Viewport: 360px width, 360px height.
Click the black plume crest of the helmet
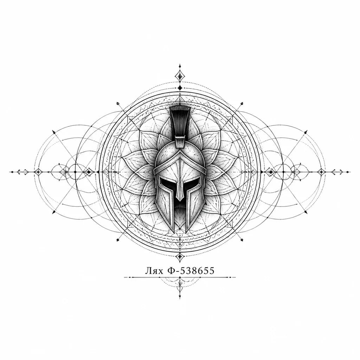(180, 122)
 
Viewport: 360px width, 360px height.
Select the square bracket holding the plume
(180, 142)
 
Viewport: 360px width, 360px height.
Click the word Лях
(154, 271)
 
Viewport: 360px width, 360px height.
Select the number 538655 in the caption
(197, 271)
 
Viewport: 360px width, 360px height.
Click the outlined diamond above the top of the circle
(180, 76)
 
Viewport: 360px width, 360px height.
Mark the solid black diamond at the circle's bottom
(180, 256)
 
